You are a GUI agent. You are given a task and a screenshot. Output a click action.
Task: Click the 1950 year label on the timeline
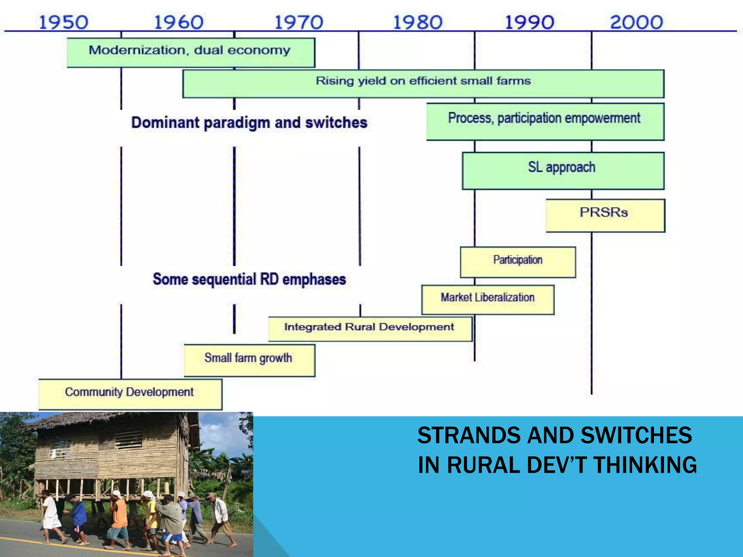point(63,22)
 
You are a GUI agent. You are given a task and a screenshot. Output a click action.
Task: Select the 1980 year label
point(418,22)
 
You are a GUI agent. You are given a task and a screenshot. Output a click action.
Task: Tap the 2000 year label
point(637,22)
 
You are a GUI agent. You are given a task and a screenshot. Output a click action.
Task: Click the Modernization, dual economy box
point(191,52)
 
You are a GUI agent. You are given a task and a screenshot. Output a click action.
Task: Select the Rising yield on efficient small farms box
point(423,83)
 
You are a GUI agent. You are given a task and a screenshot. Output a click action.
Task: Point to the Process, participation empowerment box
point(545,121)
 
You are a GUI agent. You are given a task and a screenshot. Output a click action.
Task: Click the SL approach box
point(563,170)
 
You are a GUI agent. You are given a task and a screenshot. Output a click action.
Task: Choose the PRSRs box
point(605,215)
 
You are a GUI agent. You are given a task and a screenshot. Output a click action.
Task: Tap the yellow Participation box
point(518,262)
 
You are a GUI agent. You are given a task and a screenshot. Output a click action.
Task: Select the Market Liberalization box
point(488,300)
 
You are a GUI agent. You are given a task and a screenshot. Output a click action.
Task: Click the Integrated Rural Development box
point(370,329)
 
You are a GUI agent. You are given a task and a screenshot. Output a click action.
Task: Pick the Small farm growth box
point(249,360)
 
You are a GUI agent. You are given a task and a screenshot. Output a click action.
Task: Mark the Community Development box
point(130,394)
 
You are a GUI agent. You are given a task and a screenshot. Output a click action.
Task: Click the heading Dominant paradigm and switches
point(249,123)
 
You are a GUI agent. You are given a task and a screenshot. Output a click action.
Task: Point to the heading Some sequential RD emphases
point(249,279)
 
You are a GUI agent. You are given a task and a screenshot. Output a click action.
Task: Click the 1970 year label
point(299,22)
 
